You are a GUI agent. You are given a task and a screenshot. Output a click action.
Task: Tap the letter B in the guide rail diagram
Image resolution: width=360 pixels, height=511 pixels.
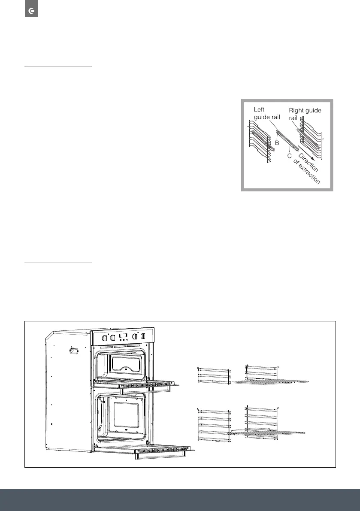pyautogui.click(x=277, y=142)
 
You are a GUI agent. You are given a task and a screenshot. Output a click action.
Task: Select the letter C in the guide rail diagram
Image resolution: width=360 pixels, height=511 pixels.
pyautogui.click(x=290, y=156)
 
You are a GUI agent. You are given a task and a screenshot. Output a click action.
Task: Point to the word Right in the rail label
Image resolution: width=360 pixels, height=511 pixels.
pyautogui.click(x=298, y=110)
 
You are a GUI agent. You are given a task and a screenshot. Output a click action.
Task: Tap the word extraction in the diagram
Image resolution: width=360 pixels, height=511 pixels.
pyautogui.click(x=308, y=174)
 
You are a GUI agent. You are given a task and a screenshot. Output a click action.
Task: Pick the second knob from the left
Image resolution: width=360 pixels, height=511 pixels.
pyautogui.click(x=113, y=337)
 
